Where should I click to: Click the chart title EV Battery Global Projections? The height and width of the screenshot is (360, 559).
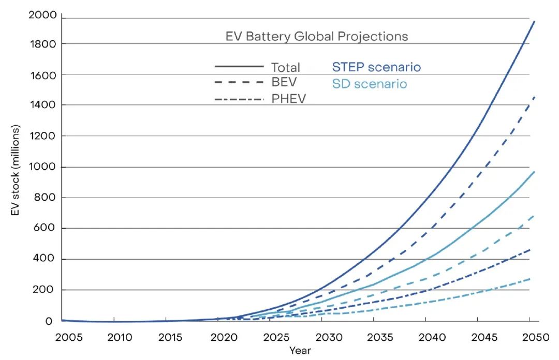point(317,37)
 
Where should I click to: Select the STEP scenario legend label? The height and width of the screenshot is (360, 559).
point(376,67)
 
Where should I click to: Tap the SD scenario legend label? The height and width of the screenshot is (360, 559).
point(370,84)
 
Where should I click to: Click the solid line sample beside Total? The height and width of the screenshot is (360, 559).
point(239,66)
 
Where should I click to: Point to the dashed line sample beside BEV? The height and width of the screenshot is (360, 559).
point(239,82)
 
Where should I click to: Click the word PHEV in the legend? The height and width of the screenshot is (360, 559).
point(289,98)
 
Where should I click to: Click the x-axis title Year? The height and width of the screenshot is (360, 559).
point(300,351)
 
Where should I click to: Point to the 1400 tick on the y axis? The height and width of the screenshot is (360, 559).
point(43,105)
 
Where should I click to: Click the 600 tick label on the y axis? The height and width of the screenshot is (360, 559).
point(46,228)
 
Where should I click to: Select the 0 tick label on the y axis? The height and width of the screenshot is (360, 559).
point(49,321)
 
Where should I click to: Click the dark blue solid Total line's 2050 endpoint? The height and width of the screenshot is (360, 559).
point(534,22)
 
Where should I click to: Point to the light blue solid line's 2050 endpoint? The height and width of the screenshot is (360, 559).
point(534,172)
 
